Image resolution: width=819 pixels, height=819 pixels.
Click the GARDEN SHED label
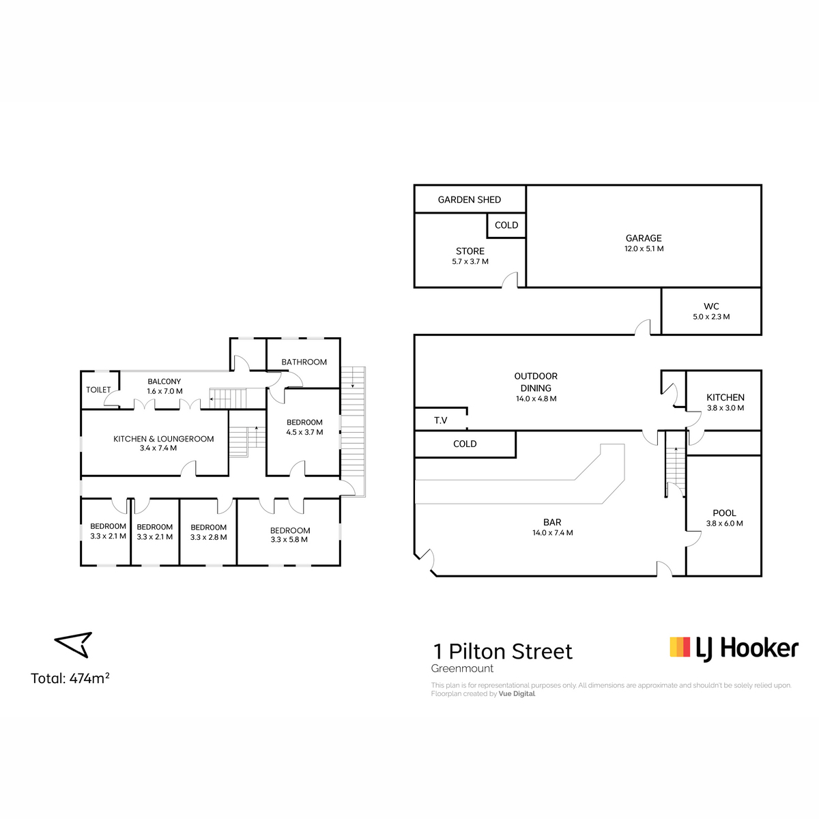(469, 200)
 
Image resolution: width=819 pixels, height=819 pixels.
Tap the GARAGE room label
(644, 238)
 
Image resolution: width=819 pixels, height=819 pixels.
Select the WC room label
(711, 306)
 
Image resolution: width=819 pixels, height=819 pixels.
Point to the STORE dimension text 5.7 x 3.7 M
(470, 262)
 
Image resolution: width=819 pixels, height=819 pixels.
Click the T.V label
(440, 420)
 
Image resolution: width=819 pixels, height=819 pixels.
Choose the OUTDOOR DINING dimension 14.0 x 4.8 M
(536, 399)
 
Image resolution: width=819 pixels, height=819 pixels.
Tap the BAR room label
(552, 522)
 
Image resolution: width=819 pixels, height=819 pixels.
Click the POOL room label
(725, 513)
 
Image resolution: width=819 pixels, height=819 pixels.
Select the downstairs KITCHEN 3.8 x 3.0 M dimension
(725, 408)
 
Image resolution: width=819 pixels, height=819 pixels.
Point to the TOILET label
(98, 390)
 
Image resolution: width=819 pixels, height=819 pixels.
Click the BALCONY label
(164, 382)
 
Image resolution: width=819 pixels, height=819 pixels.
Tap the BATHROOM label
(304, 362)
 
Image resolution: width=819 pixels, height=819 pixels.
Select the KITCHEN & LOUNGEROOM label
(164, 439)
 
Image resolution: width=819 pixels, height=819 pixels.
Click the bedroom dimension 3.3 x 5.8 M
(289, 540)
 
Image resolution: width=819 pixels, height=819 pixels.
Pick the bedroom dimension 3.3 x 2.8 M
(208, 537)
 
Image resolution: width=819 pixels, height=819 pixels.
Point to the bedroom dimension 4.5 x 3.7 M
(304, 432)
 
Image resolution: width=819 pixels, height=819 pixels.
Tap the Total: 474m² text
(70, 678)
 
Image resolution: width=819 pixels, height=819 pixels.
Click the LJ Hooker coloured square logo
(680, 647)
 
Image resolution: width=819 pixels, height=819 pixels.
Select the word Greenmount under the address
(462, 669)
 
